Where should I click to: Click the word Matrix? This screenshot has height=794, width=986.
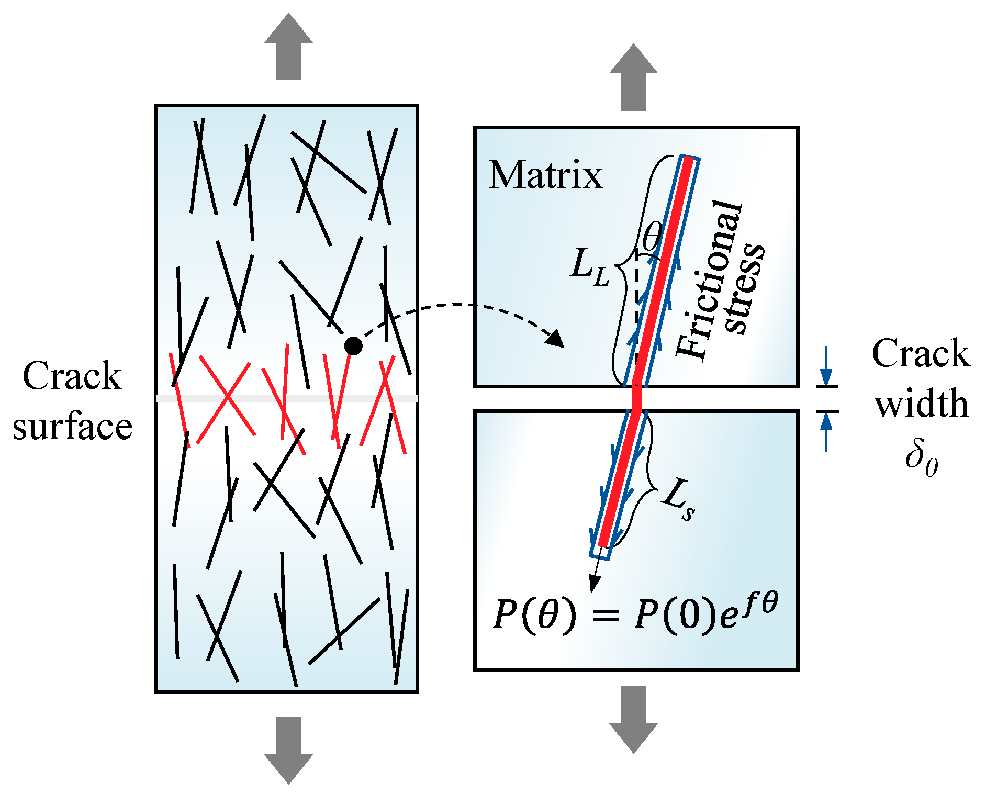pyautogui.click(x=545, y=175)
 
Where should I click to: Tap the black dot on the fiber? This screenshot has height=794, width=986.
pyautogui.click(x=353, y=346)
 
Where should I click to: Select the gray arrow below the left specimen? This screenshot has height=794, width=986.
pyautogui.click(x=288, y=750)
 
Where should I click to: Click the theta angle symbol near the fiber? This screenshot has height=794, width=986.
pyautogui.click(x=652, y=237)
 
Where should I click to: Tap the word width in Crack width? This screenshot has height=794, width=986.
pyautogui.click(x=921, y=405)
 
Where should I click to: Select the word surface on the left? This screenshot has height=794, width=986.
pyautogui.click(x=72, y=427)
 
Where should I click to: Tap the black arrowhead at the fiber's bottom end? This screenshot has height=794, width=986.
pyautogui.click(x=594, y=583)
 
